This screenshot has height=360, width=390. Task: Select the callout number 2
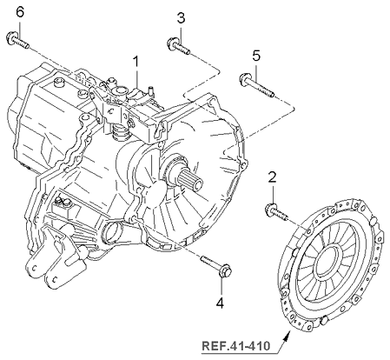[272, 177]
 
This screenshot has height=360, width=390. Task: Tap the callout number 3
[181, 18]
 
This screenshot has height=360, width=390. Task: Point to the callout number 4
[219, 303]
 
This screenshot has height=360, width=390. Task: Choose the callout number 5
[256, 56]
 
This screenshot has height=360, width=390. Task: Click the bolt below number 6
[17, 38]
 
